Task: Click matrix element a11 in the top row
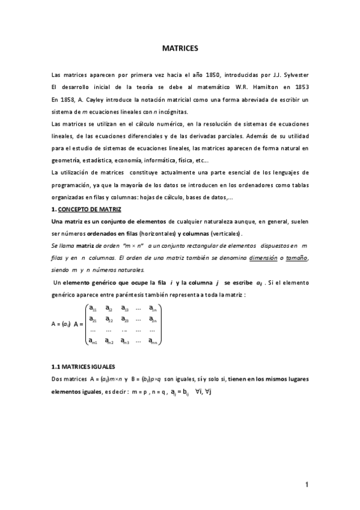(93, 309)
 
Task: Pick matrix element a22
(109, 319)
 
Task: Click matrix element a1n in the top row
(154, 309)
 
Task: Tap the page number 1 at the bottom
(307, 485)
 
